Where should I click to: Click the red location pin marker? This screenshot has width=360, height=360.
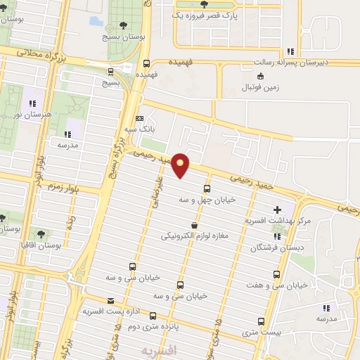[x=181, y=164]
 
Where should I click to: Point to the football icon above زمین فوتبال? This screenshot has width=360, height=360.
[x=261, y=76]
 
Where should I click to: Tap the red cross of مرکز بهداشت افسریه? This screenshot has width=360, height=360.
[x=278, y=210]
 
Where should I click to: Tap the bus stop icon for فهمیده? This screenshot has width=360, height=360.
[x=146, y=63]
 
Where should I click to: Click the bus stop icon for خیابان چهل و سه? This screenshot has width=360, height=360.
[x=206, y=188]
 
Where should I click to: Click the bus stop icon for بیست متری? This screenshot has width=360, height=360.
[x=261, y=321]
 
